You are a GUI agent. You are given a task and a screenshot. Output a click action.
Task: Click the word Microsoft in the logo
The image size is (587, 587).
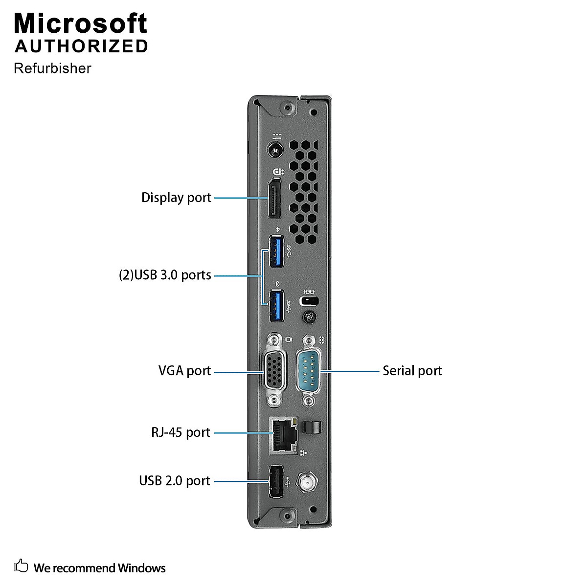[80, 23]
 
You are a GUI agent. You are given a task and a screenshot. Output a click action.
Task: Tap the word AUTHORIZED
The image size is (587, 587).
[81, 46]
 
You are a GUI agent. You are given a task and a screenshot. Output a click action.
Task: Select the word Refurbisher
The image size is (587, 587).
[52, 68]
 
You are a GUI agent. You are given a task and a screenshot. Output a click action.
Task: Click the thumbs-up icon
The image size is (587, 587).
[21, 566]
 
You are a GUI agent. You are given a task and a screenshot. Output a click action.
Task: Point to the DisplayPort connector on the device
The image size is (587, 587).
[274, 199]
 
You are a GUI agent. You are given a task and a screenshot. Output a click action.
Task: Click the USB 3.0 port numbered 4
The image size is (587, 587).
[276, 252]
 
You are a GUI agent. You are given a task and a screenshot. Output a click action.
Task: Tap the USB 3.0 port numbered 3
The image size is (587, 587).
[276, 306]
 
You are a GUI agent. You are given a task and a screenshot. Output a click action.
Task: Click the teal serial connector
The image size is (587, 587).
[308, 370]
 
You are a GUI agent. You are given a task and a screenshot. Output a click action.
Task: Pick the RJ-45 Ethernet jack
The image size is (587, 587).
[283, 434]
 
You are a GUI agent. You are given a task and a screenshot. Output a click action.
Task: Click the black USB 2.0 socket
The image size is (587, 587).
[276, 482]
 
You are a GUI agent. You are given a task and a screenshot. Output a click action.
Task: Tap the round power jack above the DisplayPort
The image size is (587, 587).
[274, 150]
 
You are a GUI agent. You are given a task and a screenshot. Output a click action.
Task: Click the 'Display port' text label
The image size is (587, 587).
[176, 198]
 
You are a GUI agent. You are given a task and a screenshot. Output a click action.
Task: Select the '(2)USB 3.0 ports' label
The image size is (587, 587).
[165, 275]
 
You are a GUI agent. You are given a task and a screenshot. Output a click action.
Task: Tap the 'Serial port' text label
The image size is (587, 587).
[412, 371]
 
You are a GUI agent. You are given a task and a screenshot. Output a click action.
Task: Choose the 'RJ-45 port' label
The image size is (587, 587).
[181, 432]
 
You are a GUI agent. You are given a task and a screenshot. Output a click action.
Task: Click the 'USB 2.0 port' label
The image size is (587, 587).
[174, 481]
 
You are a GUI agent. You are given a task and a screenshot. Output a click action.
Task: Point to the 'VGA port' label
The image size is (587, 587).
[184, 371]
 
